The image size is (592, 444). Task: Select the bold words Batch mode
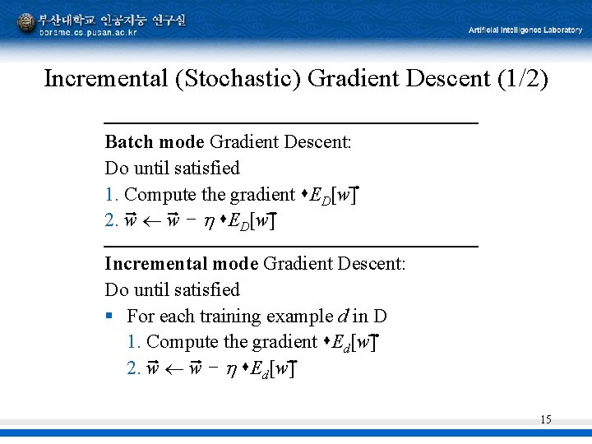154,141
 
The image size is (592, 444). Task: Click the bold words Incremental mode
181,264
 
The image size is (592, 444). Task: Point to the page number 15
545,419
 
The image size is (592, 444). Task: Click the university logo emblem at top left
26,22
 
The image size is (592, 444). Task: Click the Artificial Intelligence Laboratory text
525,30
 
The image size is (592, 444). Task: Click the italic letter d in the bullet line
341,316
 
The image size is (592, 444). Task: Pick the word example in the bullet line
300,317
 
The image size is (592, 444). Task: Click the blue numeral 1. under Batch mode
112,195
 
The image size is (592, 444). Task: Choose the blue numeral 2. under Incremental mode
134,368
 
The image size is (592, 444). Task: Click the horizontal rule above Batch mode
291,123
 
